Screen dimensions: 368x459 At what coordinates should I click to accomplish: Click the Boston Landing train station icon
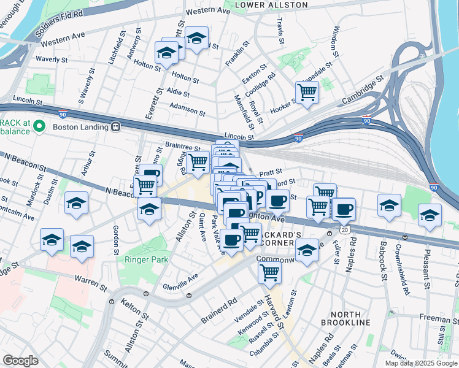point(115,127)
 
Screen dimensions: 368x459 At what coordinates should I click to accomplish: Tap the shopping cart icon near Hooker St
point(307,93)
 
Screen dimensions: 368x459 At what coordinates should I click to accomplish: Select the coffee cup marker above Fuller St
point(344,209)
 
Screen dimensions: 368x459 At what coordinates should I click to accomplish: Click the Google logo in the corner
point(20,361)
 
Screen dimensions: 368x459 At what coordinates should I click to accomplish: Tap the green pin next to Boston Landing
point(40,127)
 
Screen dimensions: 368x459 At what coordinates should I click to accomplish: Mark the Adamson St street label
point(188,110)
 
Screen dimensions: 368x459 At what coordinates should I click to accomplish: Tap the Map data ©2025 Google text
point(420,363)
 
